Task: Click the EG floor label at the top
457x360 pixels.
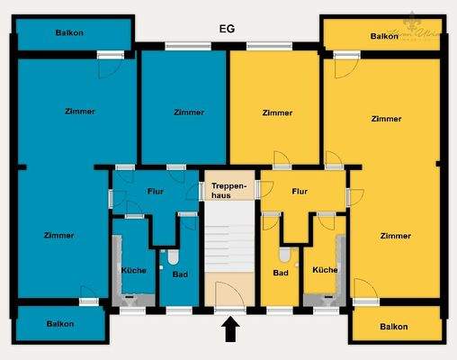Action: click(x=228, y=29)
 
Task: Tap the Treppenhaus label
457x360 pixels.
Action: click(x=228, y=190)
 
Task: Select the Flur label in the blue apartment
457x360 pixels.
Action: click(x=154, y=192)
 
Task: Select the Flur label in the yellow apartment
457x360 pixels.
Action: click(x=300, y=192)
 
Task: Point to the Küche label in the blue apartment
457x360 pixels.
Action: click(x=134, y=270)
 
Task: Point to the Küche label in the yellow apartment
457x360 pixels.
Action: click(x=325, y=270)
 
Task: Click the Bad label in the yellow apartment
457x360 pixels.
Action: click(x=280, y=274)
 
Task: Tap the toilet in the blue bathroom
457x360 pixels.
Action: click(x=174, y=256)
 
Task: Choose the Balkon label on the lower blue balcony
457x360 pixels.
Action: click(x=60, y=323)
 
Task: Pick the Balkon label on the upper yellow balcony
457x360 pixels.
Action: click(x=384, y=36)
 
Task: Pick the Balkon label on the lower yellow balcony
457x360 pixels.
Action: click(x=393, y=327)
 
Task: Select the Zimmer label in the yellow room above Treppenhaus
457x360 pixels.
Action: click(x=278, y=112)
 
